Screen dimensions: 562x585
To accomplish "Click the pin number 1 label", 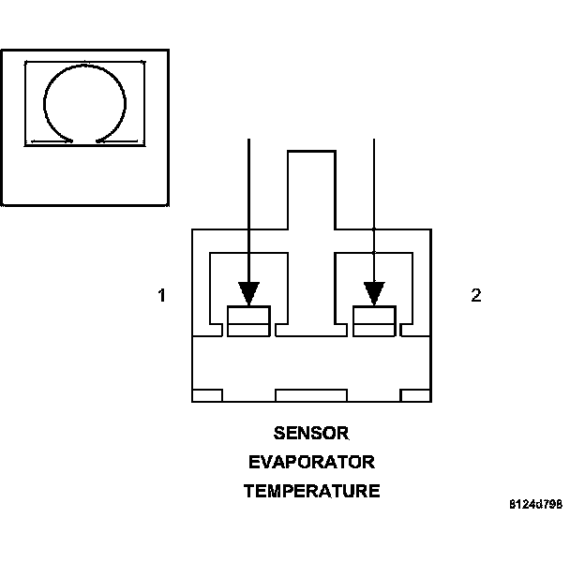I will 161,295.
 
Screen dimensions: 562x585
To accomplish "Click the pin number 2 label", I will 476,295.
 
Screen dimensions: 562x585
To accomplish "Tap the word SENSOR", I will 311,434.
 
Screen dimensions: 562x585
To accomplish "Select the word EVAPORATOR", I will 311,462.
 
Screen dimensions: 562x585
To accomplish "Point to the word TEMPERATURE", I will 311,491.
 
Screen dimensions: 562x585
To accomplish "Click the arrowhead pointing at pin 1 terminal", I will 248,292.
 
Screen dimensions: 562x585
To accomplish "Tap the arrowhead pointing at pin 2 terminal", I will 374,292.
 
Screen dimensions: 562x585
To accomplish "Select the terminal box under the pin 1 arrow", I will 248,320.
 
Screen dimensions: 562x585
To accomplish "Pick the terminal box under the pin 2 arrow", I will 374,320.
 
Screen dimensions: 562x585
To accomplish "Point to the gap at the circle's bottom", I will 85,140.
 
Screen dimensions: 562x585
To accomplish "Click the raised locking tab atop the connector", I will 311,187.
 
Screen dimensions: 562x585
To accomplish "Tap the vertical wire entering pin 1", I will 248,206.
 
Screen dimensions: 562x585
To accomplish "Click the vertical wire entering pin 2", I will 374,187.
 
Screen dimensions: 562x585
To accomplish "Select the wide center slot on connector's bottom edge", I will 311,394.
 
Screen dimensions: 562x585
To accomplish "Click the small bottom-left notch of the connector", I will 207,394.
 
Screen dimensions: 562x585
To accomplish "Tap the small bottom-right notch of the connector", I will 415,394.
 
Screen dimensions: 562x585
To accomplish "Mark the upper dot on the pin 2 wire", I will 374,229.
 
